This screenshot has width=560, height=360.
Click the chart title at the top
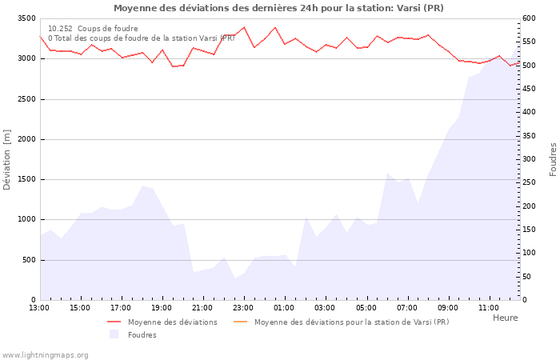click(x=278, y=8)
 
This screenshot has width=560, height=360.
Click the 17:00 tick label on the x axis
click(x=121, y=307)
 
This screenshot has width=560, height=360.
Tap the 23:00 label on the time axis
click(x=244, y=307)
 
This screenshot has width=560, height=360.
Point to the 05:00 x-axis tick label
click(x=366, y=307)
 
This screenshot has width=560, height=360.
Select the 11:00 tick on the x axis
click(x=489, y=307)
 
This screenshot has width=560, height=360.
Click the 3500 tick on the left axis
click(x=26, y=18)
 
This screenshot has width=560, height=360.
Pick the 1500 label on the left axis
click(x=26, y=179)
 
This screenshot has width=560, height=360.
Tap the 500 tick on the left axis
click(x=29, y=260)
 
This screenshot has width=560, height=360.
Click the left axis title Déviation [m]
click(x=8, y=159)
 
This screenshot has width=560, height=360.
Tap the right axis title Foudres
click(x=553, y=159)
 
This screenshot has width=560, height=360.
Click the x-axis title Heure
click(x=505, y=318)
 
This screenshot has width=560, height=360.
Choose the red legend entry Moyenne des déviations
click(x=172, y=322)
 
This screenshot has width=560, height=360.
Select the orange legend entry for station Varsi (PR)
click(x=351, y=322)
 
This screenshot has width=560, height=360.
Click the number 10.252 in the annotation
click(x=60, y=29)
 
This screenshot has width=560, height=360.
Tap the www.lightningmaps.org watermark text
click(x=46, y=355)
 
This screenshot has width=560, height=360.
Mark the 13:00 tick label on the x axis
click(x=39, y=307)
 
